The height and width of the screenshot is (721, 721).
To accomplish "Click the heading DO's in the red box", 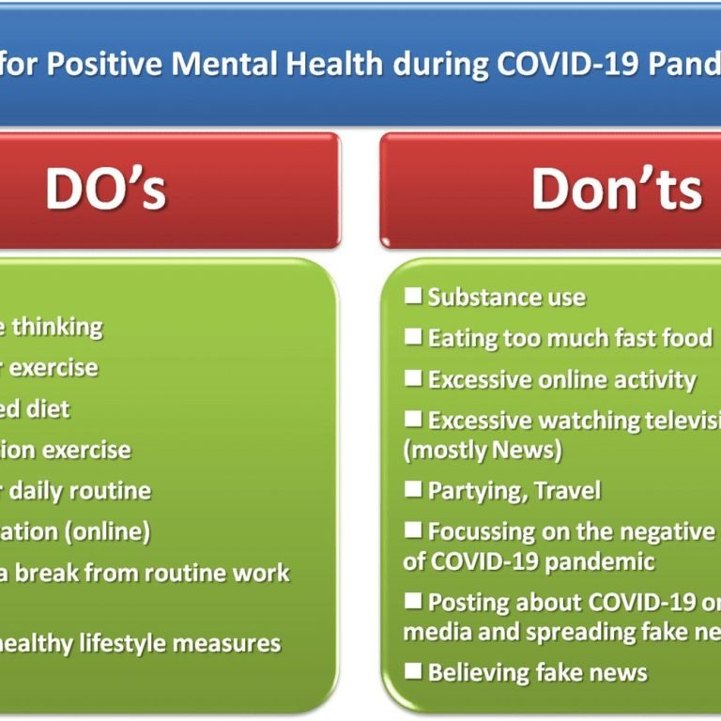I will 105,189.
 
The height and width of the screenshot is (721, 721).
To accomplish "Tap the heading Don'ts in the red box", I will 616,189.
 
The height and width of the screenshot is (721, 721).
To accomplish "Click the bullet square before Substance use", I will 413,297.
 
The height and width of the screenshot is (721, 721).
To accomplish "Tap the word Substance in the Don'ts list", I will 473,298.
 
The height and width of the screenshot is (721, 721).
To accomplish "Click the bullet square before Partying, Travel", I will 413,489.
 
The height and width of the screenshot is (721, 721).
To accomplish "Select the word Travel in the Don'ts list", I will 567,490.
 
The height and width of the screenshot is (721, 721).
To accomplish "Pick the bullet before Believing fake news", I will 413,671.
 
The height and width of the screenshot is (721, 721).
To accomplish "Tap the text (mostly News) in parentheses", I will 483,450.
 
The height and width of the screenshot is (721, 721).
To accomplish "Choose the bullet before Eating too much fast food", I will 413,336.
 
